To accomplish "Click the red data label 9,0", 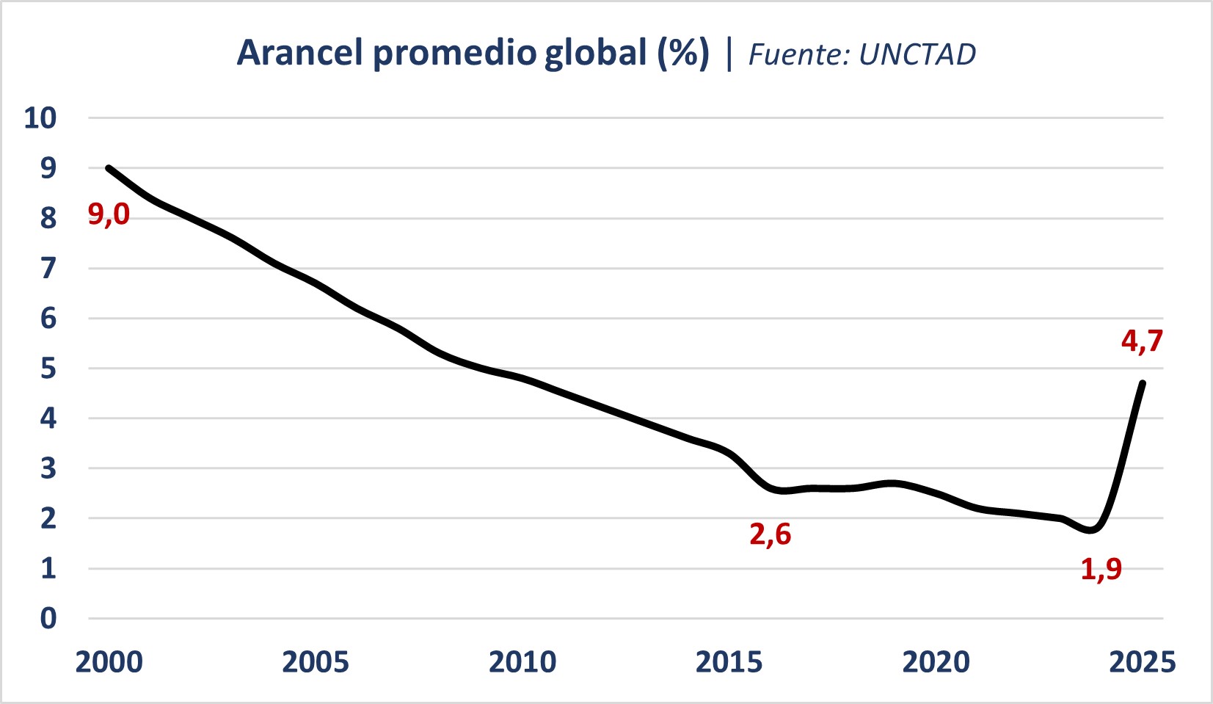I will (109, 214).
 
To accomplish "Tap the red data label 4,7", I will (1142, 341).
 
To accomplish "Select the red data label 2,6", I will (770, 534).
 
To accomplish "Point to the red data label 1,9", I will (1101, 569).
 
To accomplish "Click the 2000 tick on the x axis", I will (109, 662).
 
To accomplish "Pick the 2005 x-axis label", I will (316, 662).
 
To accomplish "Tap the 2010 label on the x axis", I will (522, 662).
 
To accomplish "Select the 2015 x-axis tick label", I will (729, 662).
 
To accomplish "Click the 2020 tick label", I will (936, 662).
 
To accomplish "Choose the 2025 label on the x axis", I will (1142, 662).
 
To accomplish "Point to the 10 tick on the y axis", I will (40, 118).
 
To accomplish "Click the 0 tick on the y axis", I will (48, 618).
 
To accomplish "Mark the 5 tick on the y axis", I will (48, 369).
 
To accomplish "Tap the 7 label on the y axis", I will (48, 269).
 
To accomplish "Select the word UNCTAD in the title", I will (917, 55).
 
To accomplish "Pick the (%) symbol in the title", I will (683, 53).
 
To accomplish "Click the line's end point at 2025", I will (1143, 382).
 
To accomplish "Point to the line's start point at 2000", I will (109, 168).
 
